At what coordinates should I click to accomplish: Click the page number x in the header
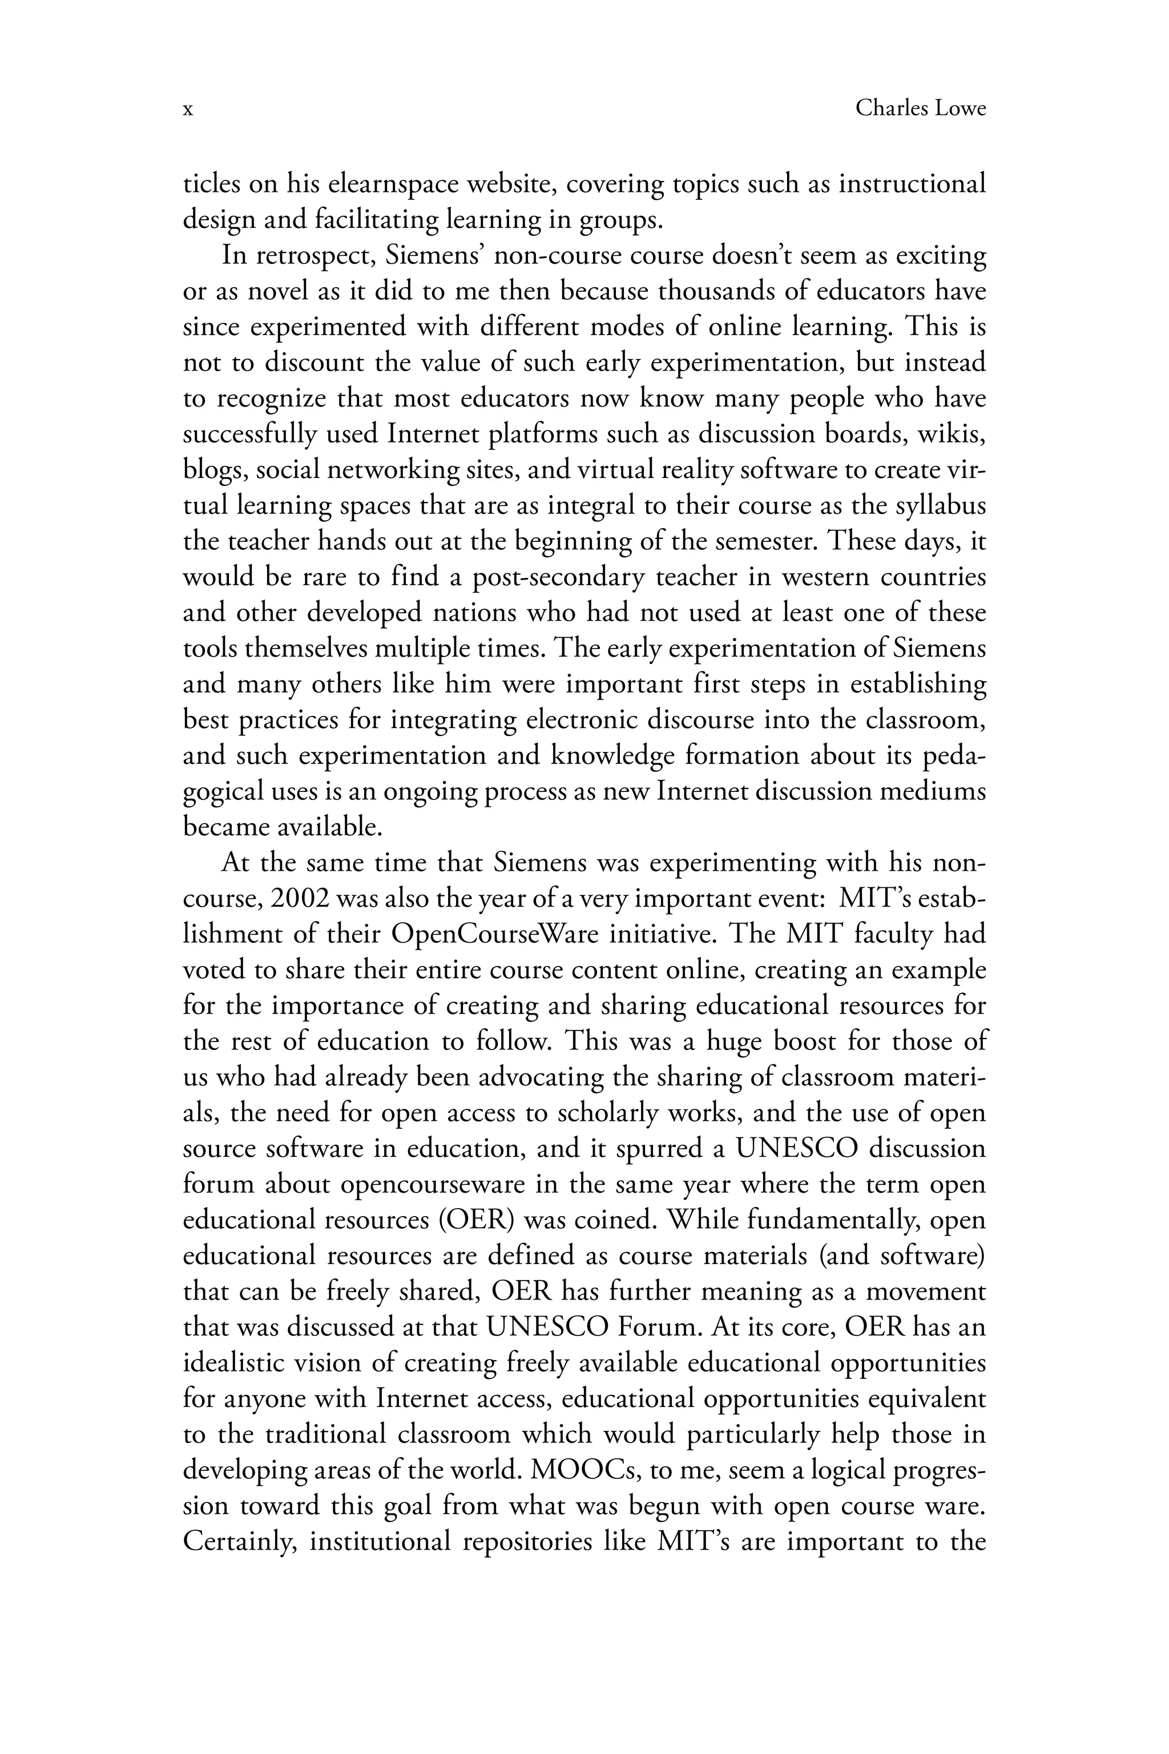pyautogui.click(x=188, y=110)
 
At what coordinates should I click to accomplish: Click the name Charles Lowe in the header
pyautogui.click(x=920, y=109)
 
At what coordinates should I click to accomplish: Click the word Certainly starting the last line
pyautogui.click(x=241, y=1542)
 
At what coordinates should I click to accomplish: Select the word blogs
pyautogui.click(x=215, y=470)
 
